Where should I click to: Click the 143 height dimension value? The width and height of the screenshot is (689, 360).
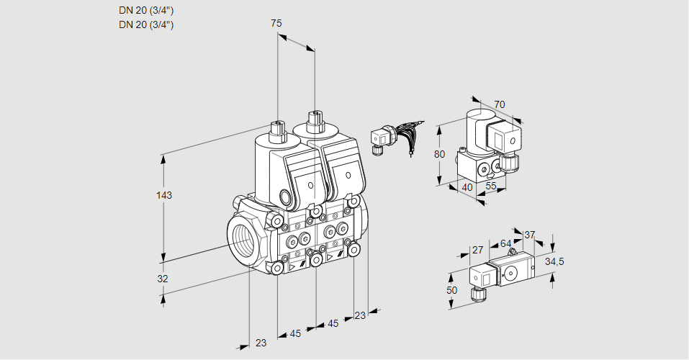pos(165,195)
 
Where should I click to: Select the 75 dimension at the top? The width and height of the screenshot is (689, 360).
pos(276,23)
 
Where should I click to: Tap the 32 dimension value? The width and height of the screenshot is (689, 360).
pos(163,279)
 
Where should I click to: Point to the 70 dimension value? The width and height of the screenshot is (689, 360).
pos(500,104)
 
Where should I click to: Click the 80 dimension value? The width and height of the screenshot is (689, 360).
pos(441,154)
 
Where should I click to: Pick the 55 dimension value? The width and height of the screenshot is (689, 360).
pos(492,186)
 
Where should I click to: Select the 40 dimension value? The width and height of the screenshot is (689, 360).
pos(467,187)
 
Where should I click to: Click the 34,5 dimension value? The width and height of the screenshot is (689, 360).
pos(554,261)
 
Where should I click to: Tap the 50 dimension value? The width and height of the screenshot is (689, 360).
pos(451,290)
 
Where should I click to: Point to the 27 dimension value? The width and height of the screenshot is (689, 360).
pos(477,251)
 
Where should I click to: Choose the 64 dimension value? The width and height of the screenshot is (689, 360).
pos(505,243)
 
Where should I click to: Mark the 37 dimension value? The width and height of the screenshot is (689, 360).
pos(530,235)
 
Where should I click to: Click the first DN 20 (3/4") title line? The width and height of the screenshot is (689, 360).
pos(146,10)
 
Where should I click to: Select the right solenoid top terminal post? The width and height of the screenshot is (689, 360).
pos(314,120)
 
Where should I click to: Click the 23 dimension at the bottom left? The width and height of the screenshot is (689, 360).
pos(261,343)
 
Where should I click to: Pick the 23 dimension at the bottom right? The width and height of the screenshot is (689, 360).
pos(360,315)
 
